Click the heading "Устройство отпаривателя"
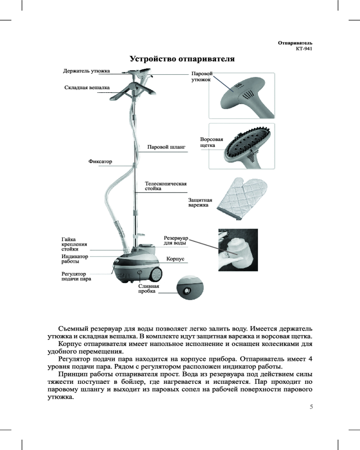click(182, 59)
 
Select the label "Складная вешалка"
click(87, 88)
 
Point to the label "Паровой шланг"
click(166, 147)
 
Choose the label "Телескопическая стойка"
click(165, 186)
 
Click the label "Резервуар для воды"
click(175, 240)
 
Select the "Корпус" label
click(176, 259)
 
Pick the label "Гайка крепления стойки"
click(74, 244)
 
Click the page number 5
click(311, 407)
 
